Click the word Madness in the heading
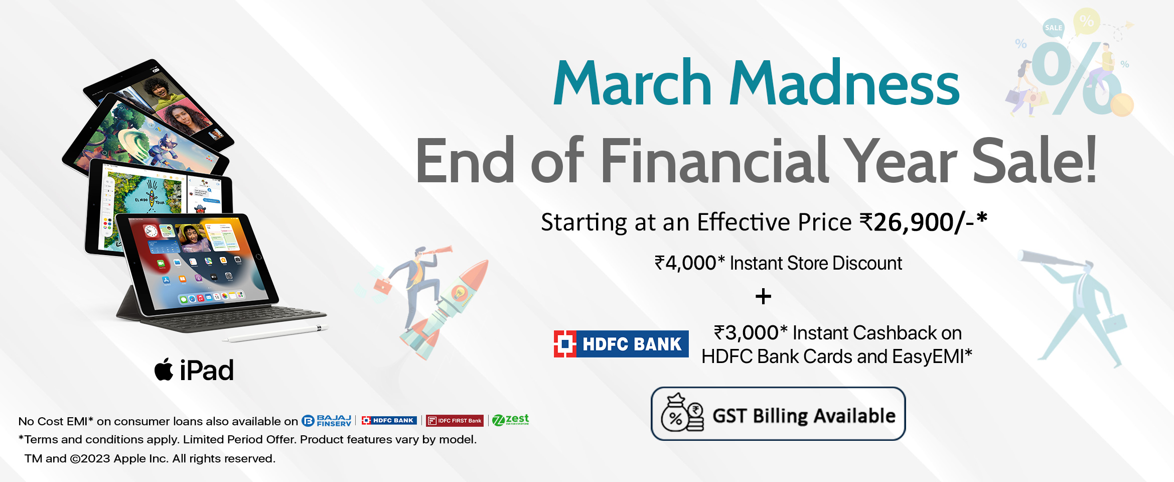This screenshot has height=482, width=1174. [844, 83]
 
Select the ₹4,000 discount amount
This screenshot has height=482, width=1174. [685, 263]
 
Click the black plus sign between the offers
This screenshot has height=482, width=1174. [763, 297]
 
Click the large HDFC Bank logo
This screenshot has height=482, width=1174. [621, 344]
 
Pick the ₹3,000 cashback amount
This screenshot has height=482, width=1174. [746, 333]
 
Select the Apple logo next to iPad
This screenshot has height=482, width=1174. [164, 370]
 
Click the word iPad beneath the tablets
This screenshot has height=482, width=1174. [207, 371]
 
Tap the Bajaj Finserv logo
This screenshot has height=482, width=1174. [327, 421]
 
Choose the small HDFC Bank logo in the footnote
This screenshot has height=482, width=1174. [389, 420]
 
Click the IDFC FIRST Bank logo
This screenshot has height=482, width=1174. [455, 421]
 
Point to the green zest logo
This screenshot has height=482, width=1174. [511, 420]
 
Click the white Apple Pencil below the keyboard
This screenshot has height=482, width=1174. [275, 334]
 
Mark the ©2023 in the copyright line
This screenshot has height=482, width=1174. [90, 458]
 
